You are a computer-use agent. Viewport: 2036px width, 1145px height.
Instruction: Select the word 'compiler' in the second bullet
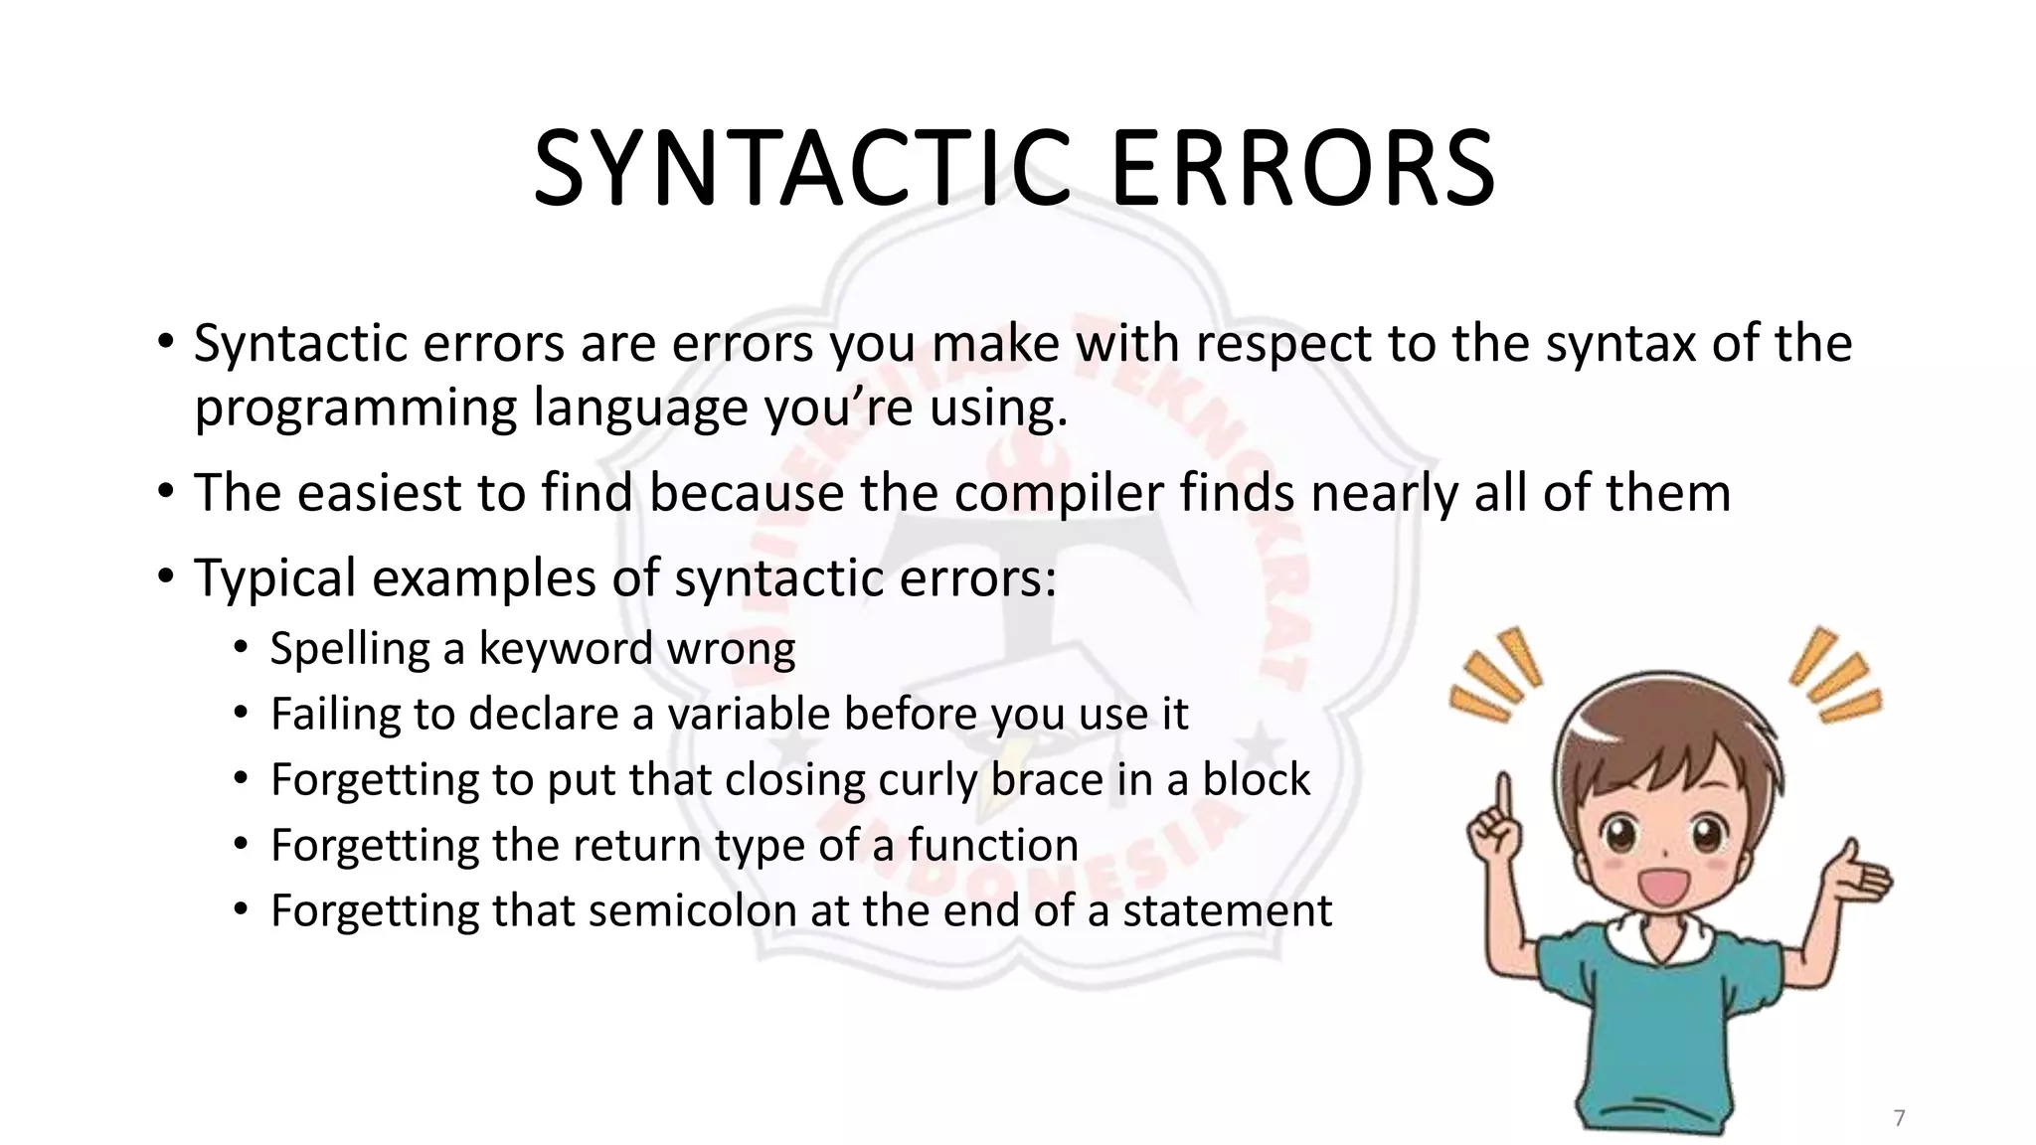tap(1058, 493)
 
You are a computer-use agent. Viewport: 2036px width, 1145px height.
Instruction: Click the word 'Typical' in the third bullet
tap(273, 578)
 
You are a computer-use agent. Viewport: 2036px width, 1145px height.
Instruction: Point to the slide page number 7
tap(1899, 1118)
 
